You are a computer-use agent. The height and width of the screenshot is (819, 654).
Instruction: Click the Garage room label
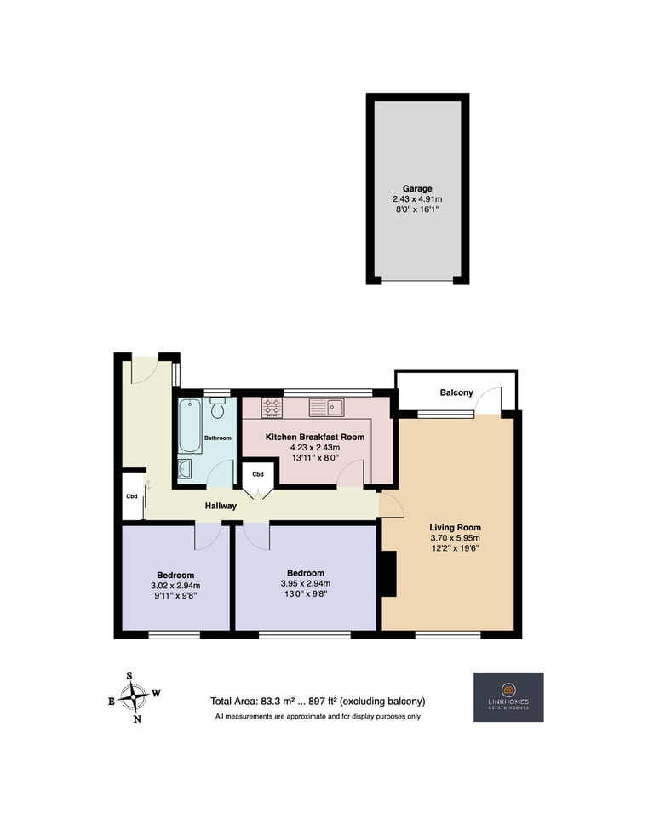pyautogui.click(x=417, y=188)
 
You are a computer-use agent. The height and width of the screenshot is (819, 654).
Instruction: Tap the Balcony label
pyautogui.click(x=456, y=392)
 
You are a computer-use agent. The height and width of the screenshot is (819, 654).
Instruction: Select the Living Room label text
pyautogui.click(x=455, y=528)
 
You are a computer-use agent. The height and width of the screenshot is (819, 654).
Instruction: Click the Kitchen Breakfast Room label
pyautogui.click(x=315, y=437)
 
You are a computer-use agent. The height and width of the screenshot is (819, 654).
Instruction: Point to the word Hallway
pyautogui.click(x=221, y=506)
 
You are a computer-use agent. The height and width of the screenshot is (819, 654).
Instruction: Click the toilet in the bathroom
pyautogui.click(x=218, y=408)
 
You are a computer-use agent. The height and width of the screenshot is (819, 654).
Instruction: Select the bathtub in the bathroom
pyautogui.click(x=190, y=426)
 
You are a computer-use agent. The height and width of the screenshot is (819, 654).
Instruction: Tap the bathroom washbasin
pyautogui.click(x=185, y=469)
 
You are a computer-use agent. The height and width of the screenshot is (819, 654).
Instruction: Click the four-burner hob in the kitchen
pyautogui.click(x=272, y=408)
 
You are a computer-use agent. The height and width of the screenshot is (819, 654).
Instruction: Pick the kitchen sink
pyautogui.click(x=326, y=408)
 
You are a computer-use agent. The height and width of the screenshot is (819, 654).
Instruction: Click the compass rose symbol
pyautogui.click(x=135, y=696)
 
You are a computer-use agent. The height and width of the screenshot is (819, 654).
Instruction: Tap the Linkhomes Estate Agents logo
pyautogui.click(x=508, y=696)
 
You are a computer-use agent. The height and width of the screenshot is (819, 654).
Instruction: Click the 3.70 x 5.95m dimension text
pyautogui.click(x=455, y=537)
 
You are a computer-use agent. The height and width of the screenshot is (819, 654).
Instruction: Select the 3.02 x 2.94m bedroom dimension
pyautogui.click(x=175, y=586)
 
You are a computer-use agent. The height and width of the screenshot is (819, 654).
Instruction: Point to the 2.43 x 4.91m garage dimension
pyautogui.click(x=417, y=199)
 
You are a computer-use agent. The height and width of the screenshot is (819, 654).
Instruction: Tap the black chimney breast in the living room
pyautogui.click(x=389, y=574)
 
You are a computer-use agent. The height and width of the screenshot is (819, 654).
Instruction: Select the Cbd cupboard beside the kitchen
pyautogui.click(x=258, y=474)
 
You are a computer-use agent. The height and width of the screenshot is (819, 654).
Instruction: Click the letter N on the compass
pyautogui.click(x=137, y=719)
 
